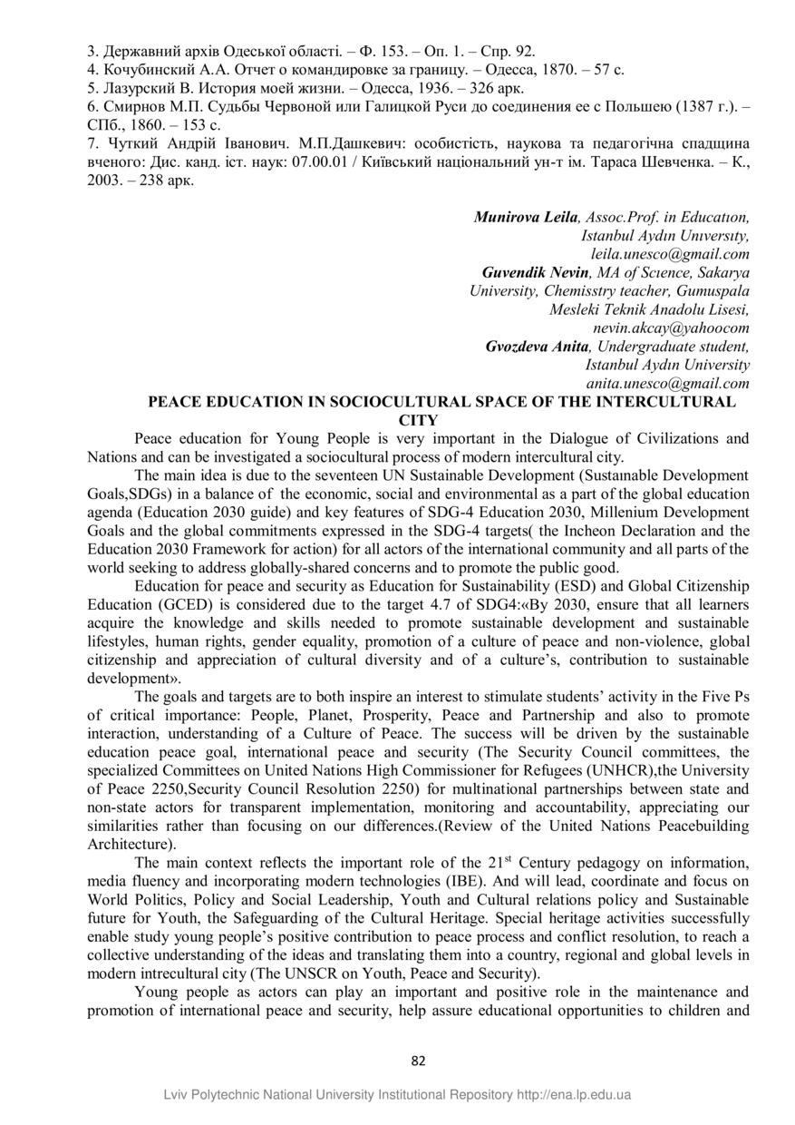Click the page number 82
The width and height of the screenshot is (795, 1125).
(x=418, y=1061)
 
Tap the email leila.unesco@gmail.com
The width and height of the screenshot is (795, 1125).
(x=670, y=255)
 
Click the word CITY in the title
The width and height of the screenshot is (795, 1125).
(x=418, y=419)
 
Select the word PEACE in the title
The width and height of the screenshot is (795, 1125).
(x=170, y=401)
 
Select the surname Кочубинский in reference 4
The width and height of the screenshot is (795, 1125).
(x=143, y=69)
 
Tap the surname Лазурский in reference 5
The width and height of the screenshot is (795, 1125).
(x=135, y=87)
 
